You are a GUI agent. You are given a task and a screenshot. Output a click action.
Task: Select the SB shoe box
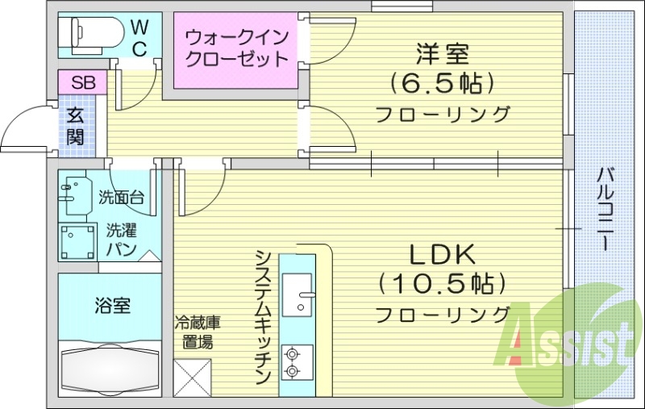82,82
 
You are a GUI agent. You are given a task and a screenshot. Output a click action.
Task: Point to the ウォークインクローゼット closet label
236,48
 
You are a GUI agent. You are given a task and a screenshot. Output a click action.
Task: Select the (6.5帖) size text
441,82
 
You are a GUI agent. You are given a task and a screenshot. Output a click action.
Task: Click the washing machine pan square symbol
77,240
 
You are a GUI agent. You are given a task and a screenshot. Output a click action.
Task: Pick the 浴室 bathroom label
112,306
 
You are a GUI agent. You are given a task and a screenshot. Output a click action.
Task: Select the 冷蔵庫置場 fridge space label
198,332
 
